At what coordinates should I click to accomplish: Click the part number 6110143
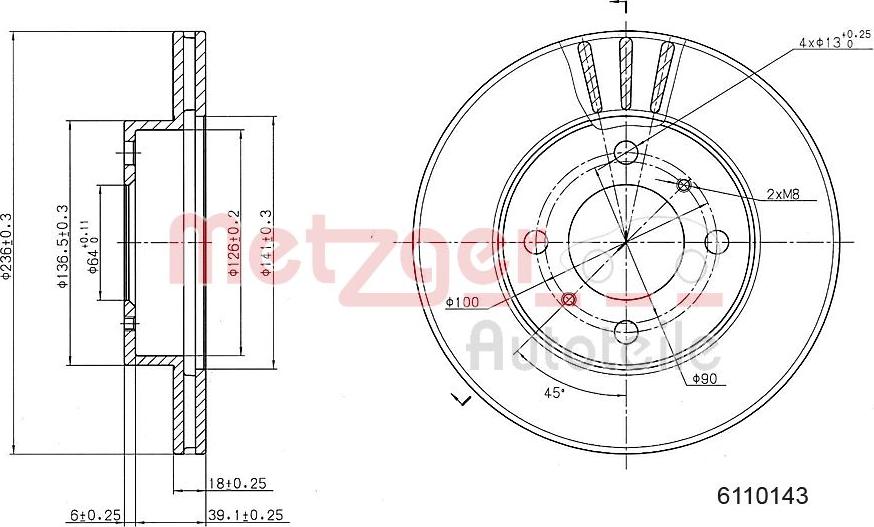click(x=761, y=495)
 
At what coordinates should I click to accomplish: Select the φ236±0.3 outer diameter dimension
click(x=8, y=246)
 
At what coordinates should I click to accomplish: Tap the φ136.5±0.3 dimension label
click(x=62, y=246)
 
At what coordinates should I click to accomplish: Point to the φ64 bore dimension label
click(x=93, y=246)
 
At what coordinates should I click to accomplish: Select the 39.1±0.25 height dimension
click(x=246, y=515)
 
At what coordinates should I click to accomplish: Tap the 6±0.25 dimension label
click(x=96, y=515)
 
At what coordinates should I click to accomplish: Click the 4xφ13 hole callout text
click(x=831, y=41)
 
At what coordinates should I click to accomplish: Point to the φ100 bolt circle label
click(x=463, y=301)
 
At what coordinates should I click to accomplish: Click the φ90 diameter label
click(x=704, y=378)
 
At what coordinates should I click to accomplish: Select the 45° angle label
click(x=553, y=392)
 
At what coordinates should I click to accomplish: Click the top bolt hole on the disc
click(x=626, y=153)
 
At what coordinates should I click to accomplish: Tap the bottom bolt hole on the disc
click(x=626, y=331)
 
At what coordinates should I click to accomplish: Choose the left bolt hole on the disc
click(x=537, y=242)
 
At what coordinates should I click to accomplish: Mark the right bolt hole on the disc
click(x=715, y=242)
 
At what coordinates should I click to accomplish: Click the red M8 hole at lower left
click(x=569, y=299)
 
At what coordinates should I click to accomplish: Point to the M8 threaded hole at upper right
click(x=684, y=184)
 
